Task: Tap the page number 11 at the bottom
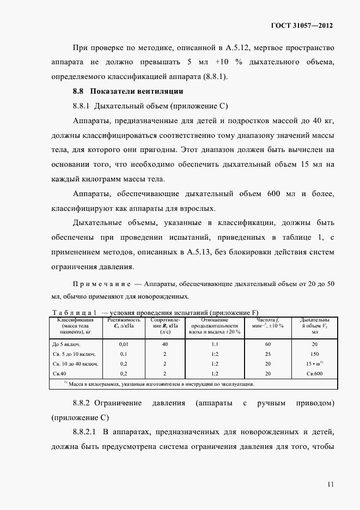tap(330, 483)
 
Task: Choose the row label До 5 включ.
tap(67, 344)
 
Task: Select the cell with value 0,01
tap(124, 344)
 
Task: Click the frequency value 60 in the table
tap(267, 344)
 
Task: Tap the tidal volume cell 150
tap(314, 354)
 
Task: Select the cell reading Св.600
tap(314, 373)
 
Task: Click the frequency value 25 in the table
tap(267, 354)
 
